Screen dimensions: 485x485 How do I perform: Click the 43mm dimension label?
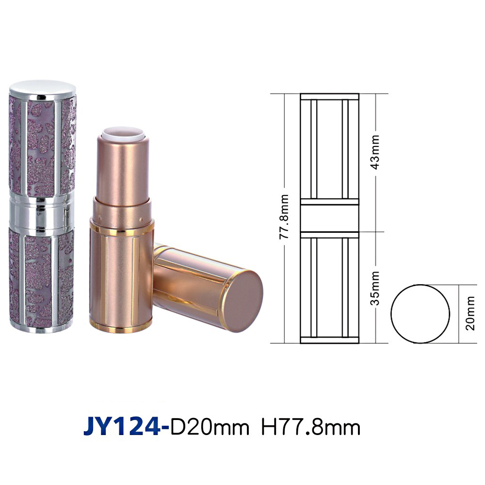[375, 151]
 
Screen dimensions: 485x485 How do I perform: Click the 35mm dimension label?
[375, 288]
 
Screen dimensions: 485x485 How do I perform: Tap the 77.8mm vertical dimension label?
[284, 216]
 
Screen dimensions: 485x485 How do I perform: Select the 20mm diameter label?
[470, 313]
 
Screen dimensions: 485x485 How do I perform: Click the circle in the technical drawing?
[391, 314]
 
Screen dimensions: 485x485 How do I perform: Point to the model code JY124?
[123, 427]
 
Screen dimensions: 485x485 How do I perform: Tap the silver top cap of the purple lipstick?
[43, 88]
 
